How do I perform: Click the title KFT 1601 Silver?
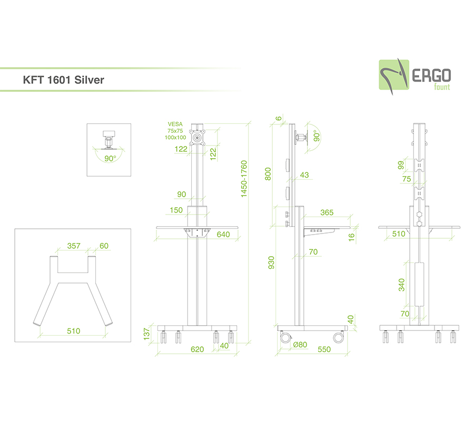click(x=64, y=80)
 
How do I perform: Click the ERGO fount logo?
click(x=415, y=76)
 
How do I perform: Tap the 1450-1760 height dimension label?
click(x=244, y=179)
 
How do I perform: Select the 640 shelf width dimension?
click(x=223, y=234)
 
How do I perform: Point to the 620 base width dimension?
click(x=197, y=349)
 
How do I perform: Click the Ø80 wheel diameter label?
click(x=300, y=344)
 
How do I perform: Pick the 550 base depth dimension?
click(x=324, y=349)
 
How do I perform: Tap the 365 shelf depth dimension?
click(x=327, y=212)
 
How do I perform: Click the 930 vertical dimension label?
click(x=271, y=263)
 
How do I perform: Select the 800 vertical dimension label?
click(x=268, y=174)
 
